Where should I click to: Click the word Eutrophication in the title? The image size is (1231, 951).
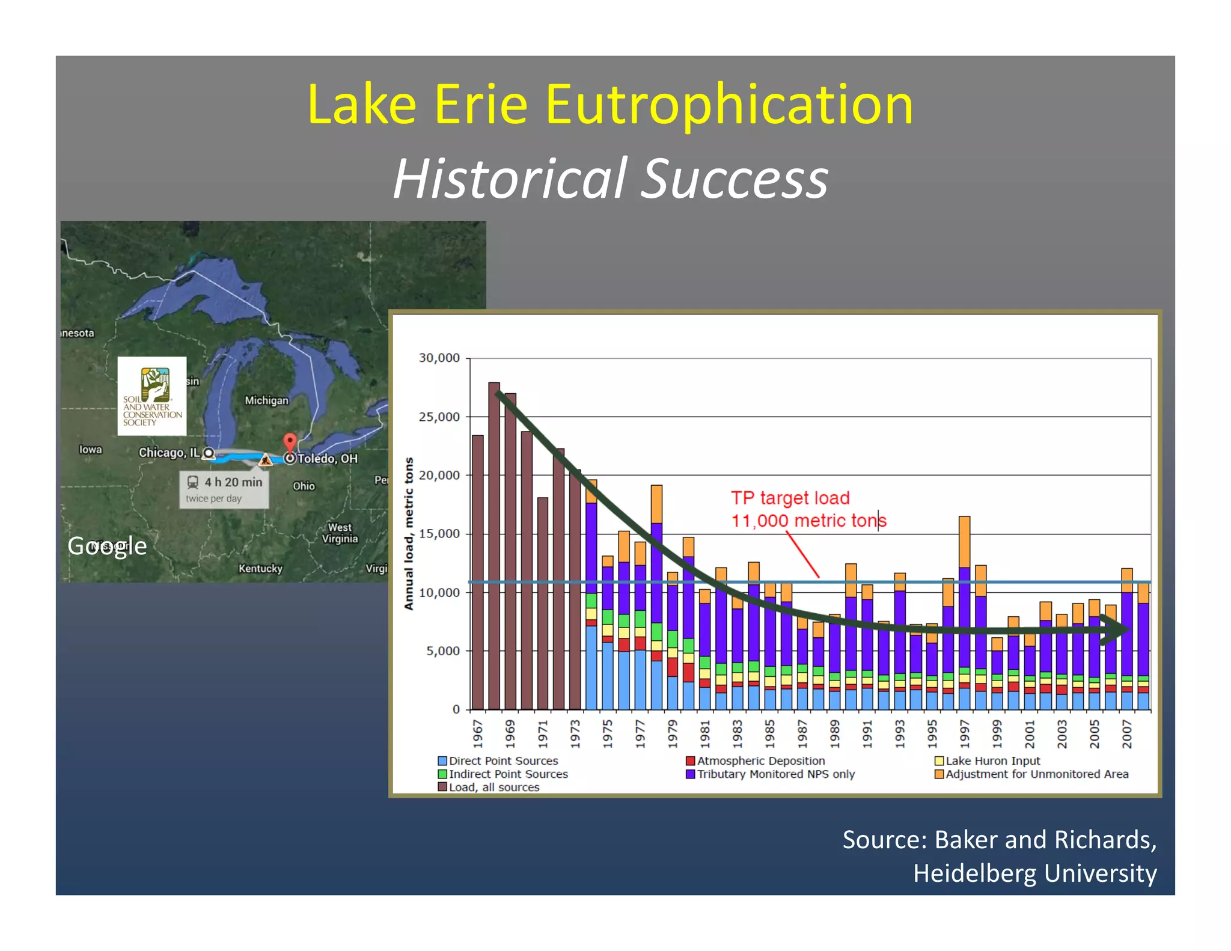729,105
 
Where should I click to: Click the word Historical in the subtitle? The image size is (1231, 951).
510,179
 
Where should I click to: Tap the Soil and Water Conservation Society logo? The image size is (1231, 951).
152,396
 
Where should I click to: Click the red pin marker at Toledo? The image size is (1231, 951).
290,443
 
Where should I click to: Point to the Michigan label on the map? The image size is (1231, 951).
266,400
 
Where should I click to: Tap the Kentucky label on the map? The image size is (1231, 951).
260,568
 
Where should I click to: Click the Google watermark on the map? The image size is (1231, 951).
107,546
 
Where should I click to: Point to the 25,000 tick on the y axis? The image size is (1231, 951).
439,417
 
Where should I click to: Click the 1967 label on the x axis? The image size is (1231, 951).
478,733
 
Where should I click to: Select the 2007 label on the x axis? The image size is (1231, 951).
1127,733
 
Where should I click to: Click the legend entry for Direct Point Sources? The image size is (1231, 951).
498,761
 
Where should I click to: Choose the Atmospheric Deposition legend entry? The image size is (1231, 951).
756,761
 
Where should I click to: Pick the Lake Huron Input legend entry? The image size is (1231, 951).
988,761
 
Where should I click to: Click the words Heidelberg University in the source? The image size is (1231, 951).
1034,873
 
